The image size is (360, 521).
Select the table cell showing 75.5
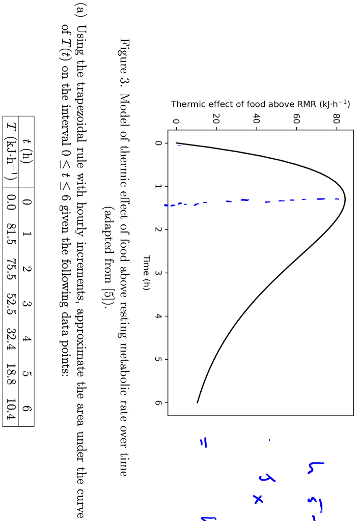coord(10,273)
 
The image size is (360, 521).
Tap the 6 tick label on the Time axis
coord(158,402)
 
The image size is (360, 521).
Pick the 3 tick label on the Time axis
coord(158,273)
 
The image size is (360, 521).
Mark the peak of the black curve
coord(345,199)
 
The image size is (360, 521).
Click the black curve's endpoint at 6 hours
coord(197,402)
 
